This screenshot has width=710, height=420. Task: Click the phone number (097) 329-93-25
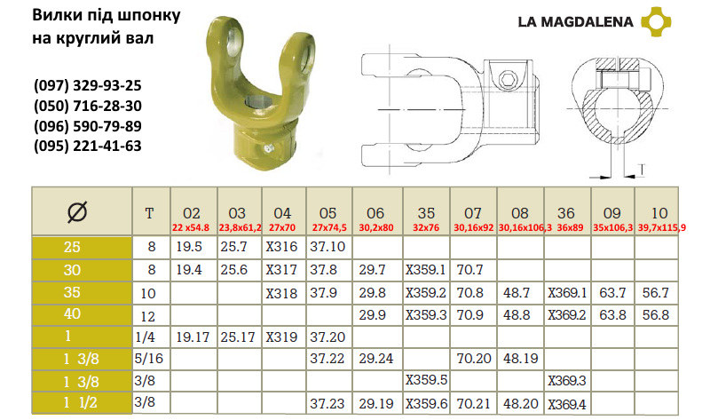click(87, 85)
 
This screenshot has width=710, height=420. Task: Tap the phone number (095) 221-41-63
click(87, 146)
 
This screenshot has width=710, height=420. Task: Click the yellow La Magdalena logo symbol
click(656, 21)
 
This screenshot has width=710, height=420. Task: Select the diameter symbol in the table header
click(77, 211)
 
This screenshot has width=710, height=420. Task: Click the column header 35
click(426, 213)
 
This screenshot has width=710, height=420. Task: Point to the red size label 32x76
click(426, 227)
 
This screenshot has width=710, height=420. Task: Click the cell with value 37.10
click(327, 247)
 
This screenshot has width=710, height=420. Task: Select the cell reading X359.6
click(426, 403)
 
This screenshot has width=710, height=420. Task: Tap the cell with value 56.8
click(656, 315)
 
